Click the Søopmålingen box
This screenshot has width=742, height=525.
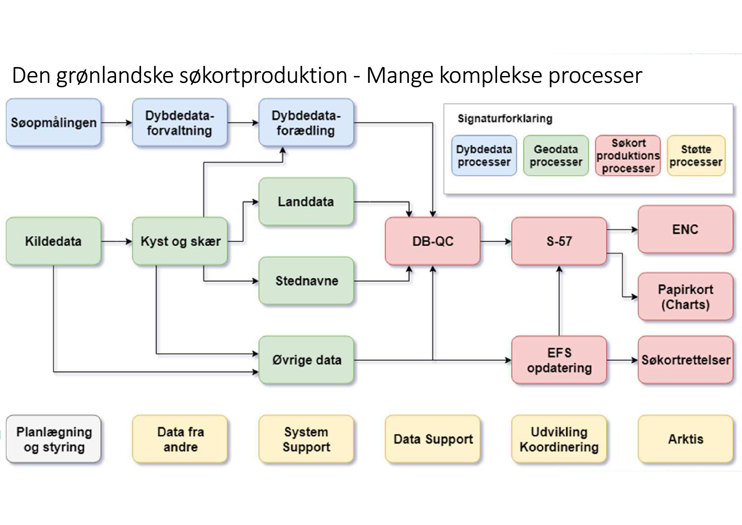(x=53, y=122)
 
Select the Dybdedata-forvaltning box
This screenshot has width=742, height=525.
(x=180, y=122)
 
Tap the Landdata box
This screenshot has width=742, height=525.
(x=306, y=202)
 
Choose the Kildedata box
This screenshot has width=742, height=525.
(x=53, y=241)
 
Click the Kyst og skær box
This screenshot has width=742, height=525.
(x=180, y=241)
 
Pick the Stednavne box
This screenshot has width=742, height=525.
(x=306, y=280)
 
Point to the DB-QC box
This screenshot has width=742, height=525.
(x=433, y=241)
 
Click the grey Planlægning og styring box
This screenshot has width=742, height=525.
(x=53, y=439)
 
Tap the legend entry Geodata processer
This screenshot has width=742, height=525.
(x=556, y=156)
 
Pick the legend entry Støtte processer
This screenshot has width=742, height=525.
(x=696, y=156)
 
